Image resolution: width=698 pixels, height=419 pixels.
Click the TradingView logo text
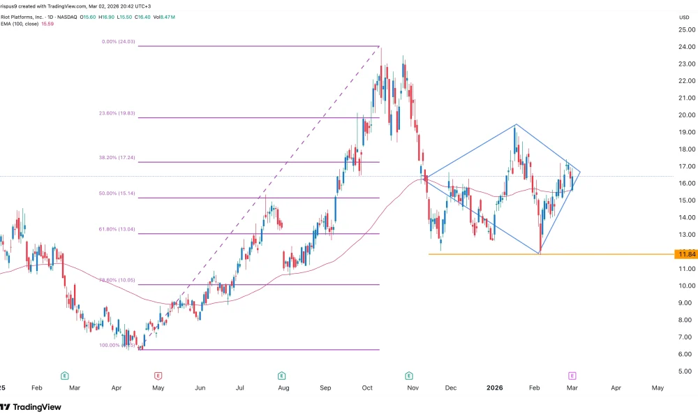36,407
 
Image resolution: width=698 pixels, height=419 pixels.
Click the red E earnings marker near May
158,375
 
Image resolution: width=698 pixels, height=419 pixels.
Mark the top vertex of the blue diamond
515,124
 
